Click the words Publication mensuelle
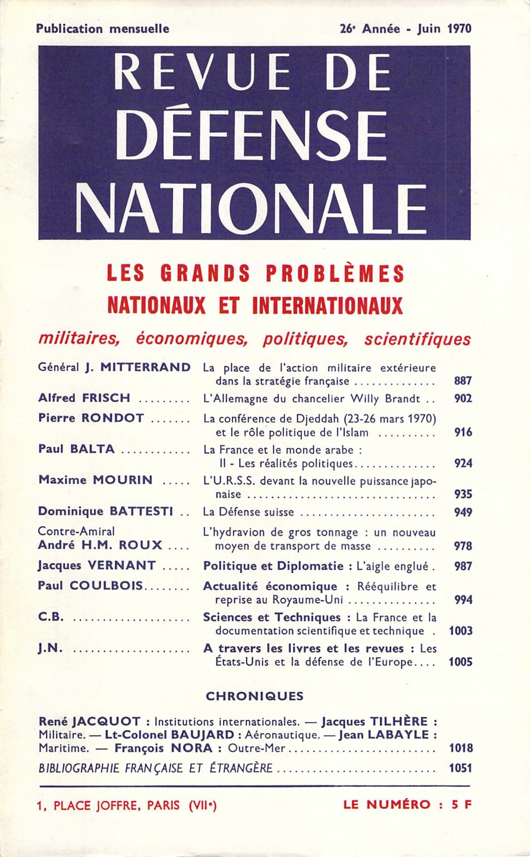[103, 29]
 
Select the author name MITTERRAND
[145, 367]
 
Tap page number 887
[462, 381]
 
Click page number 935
[463, 494]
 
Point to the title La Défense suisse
[249, 512]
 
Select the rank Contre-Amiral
[76, 532]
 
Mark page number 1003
[461, 630]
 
